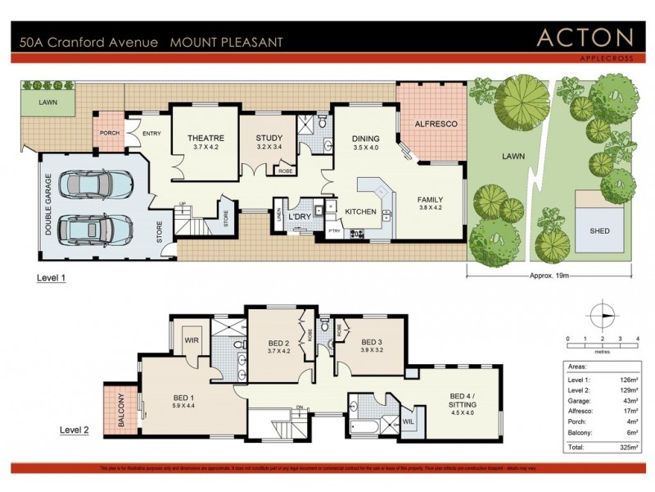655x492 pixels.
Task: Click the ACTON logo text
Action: [585, 38]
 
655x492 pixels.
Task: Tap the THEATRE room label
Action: [206, 138]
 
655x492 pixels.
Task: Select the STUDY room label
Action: [269, 138]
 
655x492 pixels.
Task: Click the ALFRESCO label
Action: [435, 123]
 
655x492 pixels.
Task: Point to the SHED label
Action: [599, 231]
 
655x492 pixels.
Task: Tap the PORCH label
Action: [110, 134]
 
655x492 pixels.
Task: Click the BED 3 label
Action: [373, 342]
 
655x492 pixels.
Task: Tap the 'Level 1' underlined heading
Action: [52, 279]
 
